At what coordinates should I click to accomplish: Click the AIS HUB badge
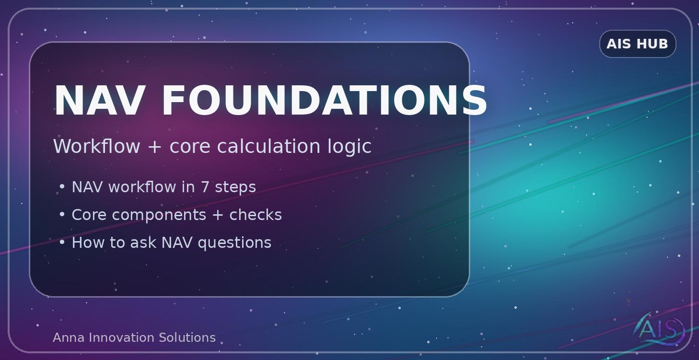point(637,44)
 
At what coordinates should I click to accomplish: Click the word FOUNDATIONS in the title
point(324,101)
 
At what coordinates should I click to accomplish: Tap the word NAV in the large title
point(99,101)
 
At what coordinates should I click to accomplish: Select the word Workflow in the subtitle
point(96,146)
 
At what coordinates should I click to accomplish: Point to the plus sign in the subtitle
point(154,147)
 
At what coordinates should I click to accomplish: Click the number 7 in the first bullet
point(205,187)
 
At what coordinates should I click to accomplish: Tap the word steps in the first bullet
point(235,187)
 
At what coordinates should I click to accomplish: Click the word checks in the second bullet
point(256,215)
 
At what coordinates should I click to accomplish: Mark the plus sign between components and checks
point(217,215)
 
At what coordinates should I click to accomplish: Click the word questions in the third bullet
point(234,243)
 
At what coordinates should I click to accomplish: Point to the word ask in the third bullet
point(143,243)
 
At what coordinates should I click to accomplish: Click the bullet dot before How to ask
point(62,243)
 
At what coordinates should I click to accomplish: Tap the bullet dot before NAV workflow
point(62,187)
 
